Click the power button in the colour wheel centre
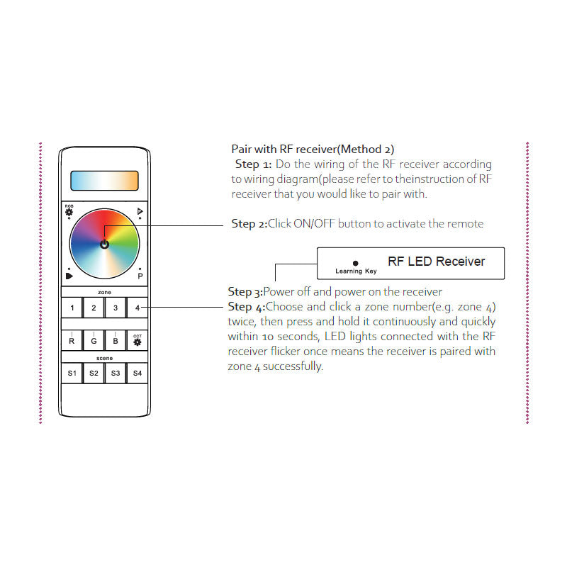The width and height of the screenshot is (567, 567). (x=104, y=244)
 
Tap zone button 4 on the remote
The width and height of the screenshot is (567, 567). (x=137, y=308)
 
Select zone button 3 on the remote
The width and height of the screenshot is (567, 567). (x=116, y=308)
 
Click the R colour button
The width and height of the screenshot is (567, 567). (x=72, y=341)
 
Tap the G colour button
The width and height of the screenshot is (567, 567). (x=94, y=341)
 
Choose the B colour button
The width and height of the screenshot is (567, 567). (x=116, y=341)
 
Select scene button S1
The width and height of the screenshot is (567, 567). (x=72, y=373)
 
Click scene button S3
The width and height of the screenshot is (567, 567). (x=116, y=373)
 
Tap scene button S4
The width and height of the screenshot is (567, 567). (x=137, y=373)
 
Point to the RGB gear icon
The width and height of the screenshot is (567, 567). (x=69, y=211)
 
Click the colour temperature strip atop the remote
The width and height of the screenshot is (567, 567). (x=104, y=180)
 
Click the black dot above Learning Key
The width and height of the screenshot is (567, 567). (x=356, y=263)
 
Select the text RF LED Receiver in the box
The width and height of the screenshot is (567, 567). (x=436, y=262)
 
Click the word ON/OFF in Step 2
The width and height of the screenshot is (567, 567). (x=314, y=224)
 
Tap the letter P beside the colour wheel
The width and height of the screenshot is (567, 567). (x=140, y=276)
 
